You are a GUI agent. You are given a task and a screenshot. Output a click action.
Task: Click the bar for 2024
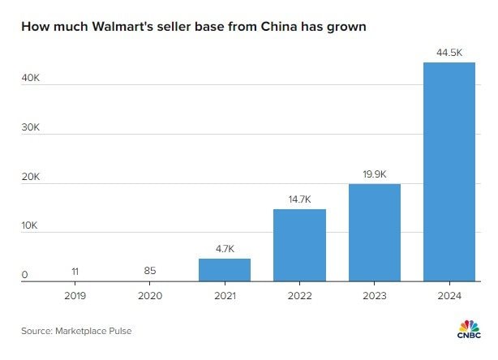(x=449, y=172)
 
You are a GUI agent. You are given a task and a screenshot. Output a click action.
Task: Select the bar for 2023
(x=374, y=233)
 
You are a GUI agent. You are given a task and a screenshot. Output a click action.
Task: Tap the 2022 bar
(x=299, y=245)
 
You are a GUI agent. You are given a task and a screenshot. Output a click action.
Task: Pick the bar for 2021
(x=225, y=270)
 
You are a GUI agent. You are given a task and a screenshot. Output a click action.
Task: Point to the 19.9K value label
(x=374, y=173)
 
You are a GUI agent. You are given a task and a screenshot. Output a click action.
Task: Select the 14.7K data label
(x=299, y=198)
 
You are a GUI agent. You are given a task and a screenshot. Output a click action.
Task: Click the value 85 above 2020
(x=150, y=270)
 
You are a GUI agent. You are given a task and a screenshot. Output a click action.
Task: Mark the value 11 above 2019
(x=75, y=270)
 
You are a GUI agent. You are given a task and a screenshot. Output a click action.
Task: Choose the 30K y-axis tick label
(x=30, y=128)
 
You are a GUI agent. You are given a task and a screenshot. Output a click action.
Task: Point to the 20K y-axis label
(x=30, y=178)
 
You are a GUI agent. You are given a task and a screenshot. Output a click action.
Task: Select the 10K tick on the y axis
(x=30, y=226)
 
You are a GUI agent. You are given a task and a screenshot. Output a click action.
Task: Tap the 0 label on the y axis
(x=24, y=276)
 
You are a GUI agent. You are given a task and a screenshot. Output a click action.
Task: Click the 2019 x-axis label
(x=75, y=296)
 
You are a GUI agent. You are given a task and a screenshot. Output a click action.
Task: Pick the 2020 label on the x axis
(x=150, y=296)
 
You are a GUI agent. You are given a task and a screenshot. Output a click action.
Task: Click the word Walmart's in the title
(x=112, y=27)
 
